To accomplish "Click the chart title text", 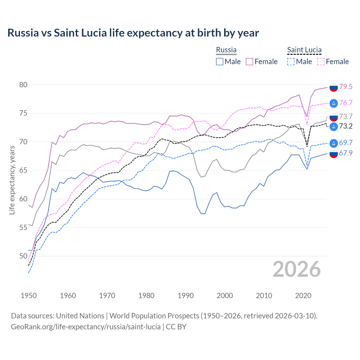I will (133, 33).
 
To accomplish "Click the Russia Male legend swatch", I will (220, 62).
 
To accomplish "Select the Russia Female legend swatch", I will (249, 62).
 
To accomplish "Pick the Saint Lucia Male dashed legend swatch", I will (291, 62).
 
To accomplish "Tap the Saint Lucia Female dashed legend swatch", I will (321, 62).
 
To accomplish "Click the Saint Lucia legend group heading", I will (304, 50).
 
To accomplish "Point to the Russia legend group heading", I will (226, 50).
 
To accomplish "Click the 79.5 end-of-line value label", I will (346, 87).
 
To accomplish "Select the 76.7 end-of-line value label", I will (346, 103).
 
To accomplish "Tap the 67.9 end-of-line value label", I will (346, 153).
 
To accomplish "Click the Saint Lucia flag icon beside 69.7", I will (334, 143).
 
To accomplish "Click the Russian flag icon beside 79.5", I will (334, 87).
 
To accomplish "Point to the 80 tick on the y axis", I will (23, 85).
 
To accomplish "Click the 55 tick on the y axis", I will (23, 228).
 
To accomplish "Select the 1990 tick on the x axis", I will (186, 296).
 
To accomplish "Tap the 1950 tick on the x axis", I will (29, 296).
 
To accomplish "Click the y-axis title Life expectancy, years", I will (12, 180).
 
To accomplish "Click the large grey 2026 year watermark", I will (297, 269).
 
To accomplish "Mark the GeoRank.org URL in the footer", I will (86, 327).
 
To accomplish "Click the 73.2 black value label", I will (346, 126).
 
